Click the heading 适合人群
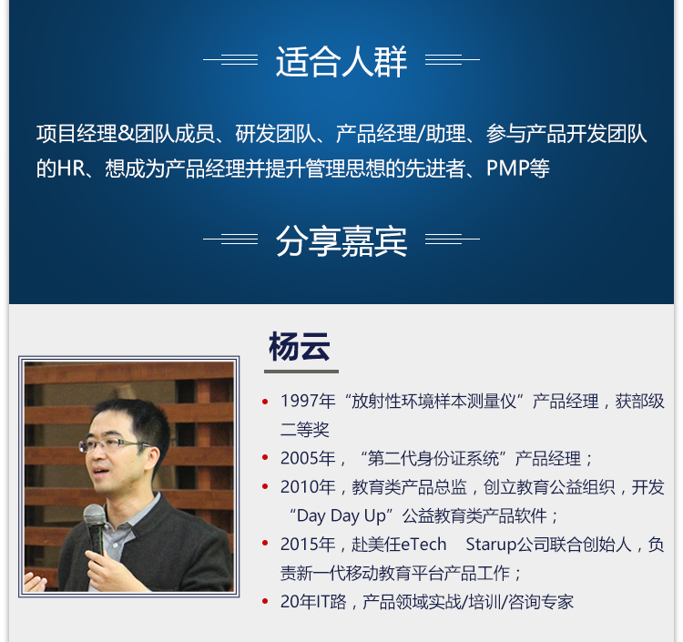click(x=341, y=61)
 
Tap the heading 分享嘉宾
click(x=341, y=240)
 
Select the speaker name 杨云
click(x=300, y=346)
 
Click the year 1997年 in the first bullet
click(x=308, y=402)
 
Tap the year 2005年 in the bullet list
click(x=308, y=458)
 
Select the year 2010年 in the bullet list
click(x=308, y=487)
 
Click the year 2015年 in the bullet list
click(x=308, y=544)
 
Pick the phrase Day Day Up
click(x=341, y=516)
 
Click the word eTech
click(x=423, y=544)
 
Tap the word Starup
click(x=491, y=544)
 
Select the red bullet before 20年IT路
click(x=265, y=602)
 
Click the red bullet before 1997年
click(x=265, y=402)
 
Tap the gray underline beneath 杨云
click(x=301, y=372)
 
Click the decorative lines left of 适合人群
click(x=230, y=59)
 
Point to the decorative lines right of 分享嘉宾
click(x=452, y=239)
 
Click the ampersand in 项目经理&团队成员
click(x=126, y=133)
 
